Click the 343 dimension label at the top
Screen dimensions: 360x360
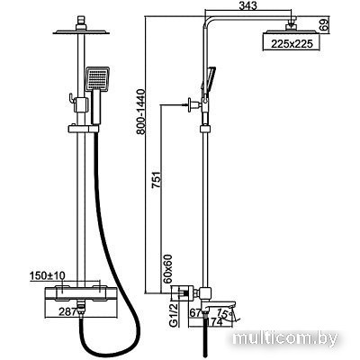click(x=247, y=5)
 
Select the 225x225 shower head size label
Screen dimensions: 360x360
click(x=292, y=44)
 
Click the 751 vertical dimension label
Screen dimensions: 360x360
click(x=157, y=179)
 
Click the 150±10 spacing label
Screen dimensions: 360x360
click(x=48, y=275)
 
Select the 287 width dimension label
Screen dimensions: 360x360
click(x=67, y=312)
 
